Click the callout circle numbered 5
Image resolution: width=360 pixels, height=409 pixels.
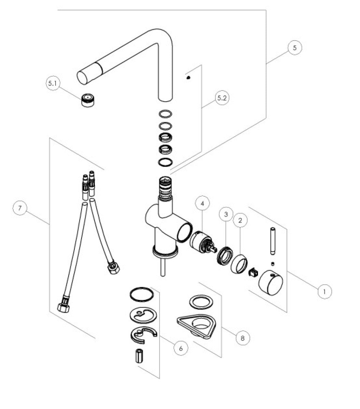(294, 47)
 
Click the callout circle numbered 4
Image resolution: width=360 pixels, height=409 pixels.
(203, 204)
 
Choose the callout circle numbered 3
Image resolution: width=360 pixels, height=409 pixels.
(226, 215)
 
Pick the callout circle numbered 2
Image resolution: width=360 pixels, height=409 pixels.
(240, 221)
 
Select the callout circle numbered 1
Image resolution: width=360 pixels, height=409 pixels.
(325, 291)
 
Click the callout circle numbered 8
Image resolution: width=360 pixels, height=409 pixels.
(242, 338)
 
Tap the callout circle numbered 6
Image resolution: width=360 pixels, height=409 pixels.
(181, 348)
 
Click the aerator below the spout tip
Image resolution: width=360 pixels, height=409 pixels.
(87, 101)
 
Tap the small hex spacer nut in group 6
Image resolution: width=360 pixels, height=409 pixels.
(139, 356)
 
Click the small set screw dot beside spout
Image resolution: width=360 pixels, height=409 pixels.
(188, 77)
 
